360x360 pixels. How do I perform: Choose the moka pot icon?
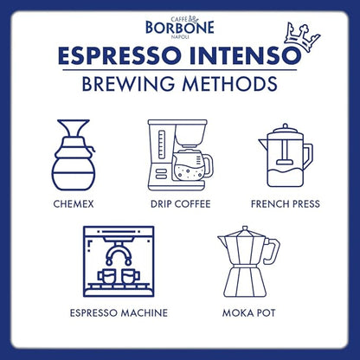pyautogui.click(x=247, y=264)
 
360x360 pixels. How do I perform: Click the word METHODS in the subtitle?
pyautogui.click(x=228, y=85)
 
